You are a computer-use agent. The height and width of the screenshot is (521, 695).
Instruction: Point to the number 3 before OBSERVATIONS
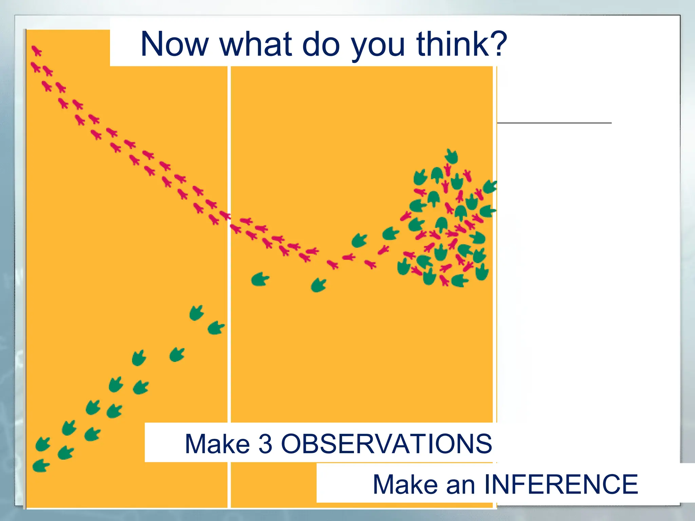click(x=265, y=444)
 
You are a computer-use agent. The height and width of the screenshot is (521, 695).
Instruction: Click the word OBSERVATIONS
click(x=386, y=444)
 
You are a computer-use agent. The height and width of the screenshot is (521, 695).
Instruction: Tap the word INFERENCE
click(x=561, y=484)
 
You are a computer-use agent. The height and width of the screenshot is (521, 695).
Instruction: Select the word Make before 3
click(x=217, y=444)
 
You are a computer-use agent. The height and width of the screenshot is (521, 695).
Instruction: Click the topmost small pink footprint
click(x=36, y=51)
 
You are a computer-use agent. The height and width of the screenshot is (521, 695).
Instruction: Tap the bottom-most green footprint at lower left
click(x=41, y=465)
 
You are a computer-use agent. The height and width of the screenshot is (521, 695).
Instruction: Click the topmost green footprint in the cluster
click(x=451, y=156)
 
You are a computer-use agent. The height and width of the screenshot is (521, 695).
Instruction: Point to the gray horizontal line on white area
click(x=554, y=123)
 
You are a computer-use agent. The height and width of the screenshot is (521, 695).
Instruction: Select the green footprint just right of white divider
click(x=260, y=279)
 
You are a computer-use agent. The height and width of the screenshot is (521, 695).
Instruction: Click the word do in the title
click(x=320, y=44)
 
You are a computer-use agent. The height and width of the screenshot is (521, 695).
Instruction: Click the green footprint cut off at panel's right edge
click(x=490, y=187)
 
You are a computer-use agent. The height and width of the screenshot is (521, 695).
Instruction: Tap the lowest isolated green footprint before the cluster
click(x=318, y=285)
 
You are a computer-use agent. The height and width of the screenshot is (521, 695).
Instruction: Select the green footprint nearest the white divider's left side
click(x=216, y=328)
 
